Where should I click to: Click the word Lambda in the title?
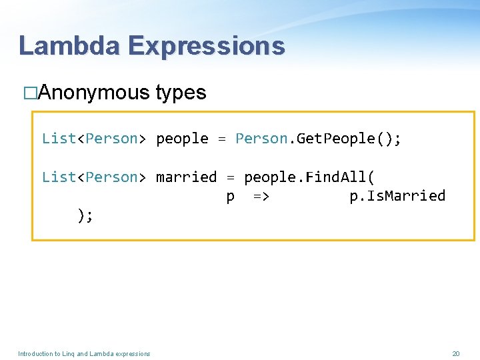(x=69, y=45)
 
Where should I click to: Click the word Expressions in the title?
(x=207, y=45)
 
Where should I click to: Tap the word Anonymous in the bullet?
(x=94, y=93)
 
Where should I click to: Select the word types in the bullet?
(x=181, y=93)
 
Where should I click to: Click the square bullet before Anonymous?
(x=30, y=93)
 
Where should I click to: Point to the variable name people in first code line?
(x=182, y=139)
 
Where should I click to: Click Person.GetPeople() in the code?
(x=318, y=139)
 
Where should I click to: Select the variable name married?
(x=186, y=177)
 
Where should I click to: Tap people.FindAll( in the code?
(x=309, y=177)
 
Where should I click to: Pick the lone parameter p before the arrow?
(x=230, y=197)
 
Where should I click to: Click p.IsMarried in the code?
(x=397, y=196)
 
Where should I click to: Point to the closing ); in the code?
(x=85, y=215)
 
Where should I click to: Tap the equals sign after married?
(x=231, y=177)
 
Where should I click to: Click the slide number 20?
(x=456, y=353)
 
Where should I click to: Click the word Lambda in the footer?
(x=102, y=353)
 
